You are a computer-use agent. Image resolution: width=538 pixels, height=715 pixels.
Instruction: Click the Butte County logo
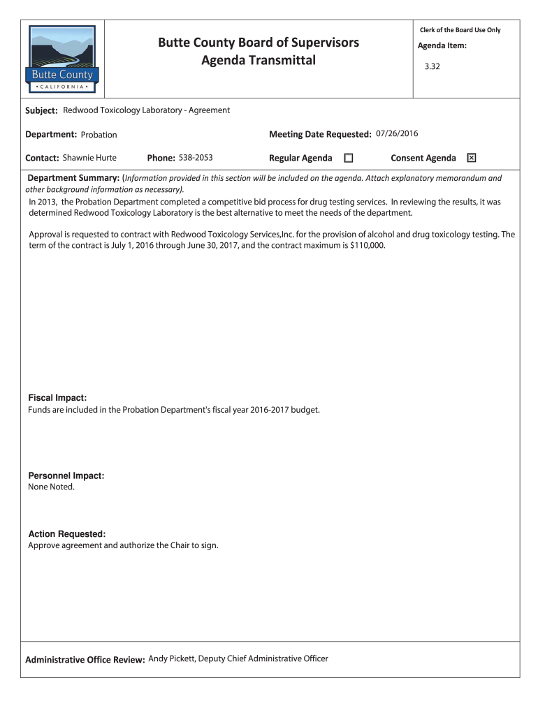pyautogui.click(x=62, y=59)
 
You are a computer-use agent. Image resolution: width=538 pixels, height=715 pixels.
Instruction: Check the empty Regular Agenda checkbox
pyautogui.click(x=349, y=159)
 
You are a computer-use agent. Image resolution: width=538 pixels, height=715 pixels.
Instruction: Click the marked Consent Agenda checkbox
pyautogui.click(x=471, y=159)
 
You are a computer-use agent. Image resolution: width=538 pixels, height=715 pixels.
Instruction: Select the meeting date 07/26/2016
pyautogui.click(x=397, y=133)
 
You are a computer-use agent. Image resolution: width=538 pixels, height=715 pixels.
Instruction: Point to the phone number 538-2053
pyautogui.click(x=196, y=158)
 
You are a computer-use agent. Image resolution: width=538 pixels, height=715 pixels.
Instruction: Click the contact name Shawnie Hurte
pyautogui.click(x=89, y=158)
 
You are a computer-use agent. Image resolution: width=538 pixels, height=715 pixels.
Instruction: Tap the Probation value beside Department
pyautogui.click(x=99, y=135)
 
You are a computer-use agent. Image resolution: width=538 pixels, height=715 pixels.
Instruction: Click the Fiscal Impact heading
pyautogui.click(x=57, y=397)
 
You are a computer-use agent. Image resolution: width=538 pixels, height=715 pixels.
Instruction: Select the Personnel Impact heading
pyautogui.click(x=66, y=476)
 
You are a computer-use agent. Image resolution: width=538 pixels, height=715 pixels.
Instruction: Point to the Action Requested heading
pyautogui.click(x=67, y=534)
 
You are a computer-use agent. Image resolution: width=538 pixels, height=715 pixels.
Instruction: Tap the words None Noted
pyautogui.click(x=51, y=487)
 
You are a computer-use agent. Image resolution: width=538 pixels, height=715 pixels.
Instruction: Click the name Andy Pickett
pyautogui.click(x=168, y=658)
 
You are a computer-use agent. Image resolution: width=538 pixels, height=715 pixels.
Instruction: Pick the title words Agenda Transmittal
pyautogui.click(x=259, y=61)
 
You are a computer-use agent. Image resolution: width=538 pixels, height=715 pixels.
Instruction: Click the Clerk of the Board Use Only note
pyautogui.click(x=460, y=30)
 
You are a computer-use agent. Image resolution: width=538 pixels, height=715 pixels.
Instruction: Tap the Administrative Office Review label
pyautogui.click(x=85, y=660)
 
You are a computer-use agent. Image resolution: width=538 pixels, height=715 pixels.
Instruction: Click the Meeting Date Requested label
pyautogui.click(x=319, y=134)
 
